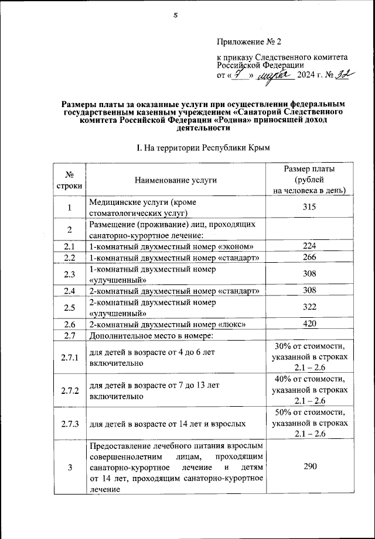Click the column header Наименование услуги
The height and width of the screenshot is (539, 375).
(175, 180)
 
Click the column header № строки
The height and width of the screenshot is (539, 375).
(70, 180)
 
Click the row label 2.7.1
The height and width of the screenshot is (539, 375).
(70, 358)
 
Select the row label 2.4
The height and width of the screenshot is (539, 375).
(70, 291)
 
